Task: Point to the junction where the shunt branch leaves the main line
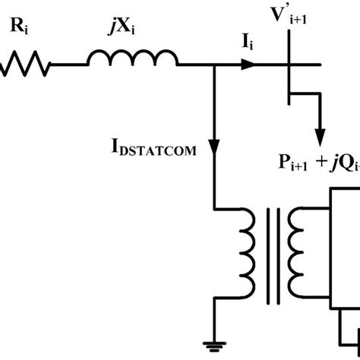[x=216, y=67]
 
